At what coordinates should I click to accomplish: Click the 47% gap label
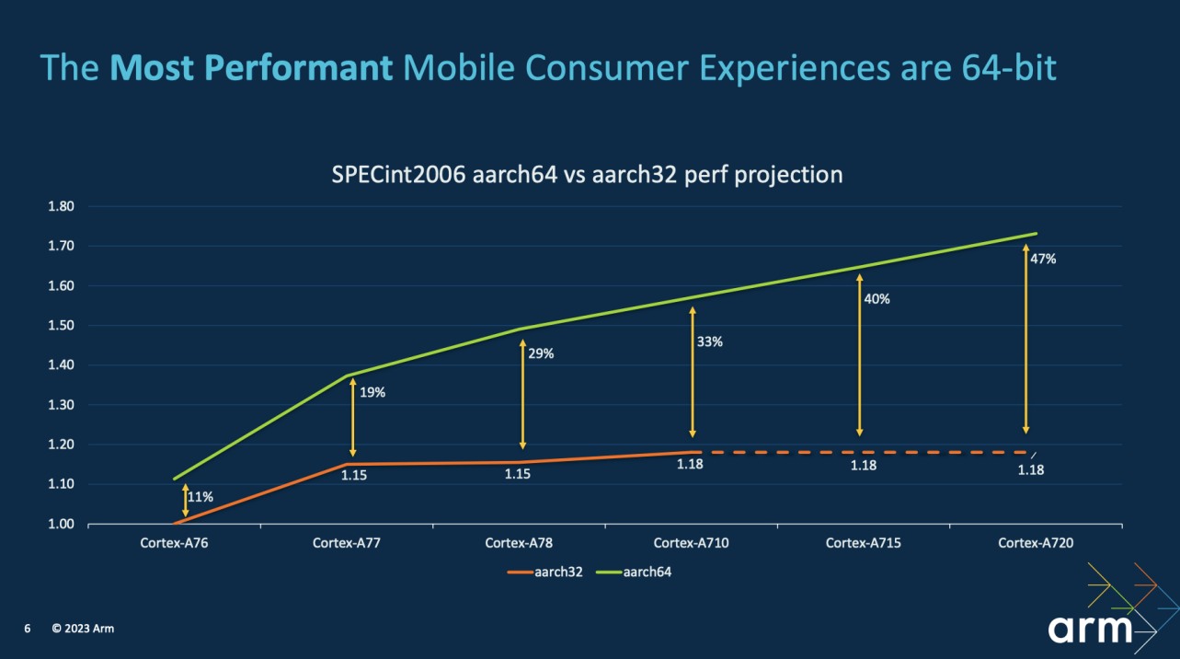pos(1043,260)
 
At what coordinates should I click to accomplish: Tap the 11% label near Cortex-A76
pos(201,497)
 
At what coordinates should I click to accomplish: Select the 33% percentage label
pos(709,342)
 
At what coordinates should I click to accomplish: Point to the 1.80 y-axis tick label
pos(61,206)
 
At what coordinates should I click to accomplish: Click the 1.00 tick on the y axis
pos(61,524)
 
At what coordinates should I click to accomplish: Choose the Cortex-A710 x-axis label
pos(692,543)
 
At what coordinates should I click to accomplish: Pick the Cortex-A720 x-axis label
pos(1036,543)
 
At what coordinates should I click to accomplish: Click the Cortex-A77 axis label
pos(347,543)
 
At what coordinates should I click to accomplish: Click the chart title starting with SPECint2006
pos(587,174)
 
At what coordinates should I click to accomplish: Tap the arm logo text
pos(1091,629)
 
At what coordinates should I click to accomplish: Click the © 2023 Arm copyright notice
pos(83,629)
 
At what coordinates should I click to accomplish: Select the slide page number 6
pos(28,629)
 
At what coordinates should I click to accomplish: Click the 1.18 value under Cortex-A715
pos(864,466)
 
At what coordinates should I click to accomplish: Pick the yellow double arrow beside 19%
pos(352,417)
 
